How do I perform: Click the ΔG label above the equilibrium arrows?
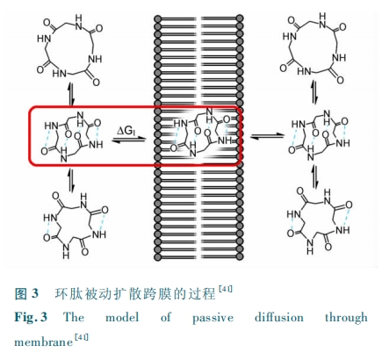click(x=126, y=131)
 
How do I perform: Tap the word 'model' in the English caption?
click(x=122, y=317)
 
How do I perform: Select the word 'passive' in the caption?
click(x=213, y=318)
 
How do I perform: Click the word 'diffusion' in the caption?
click(x=279, y=317)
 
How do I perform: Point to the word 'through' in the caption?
click(x=346, y=318)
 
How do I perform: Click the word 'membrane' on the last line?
click(x=44, y=342)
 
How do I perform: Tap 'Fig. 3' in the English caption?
click(x=31, y=317)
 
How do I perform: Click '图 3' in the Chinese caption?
click(x=26, y=293)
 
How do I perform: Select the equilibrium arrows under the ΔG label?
click(x=128, y=140)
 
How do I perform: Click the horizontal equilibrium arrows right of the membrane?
click(x=267, y=136)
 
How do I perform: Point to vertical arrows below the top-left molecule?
click(x=71, y=94)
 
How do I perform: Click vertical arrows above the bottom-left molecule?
click(x=71, y=180)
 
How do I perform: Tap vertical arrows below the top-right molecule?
click(x=314, y=91)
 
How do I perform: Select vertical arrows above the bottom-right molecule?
click(x=314, y=176)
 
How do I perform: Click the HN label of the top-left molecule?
click(x=44, y=38)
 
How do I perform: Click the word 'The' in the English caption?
click(x=74, y=317)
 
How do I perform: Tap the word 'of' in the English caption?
click(x=166, y=317)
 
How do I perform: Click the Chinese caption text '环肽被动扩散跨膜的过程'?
click(x=134, y=293)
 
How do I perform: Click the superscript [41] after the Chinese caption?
click(x=226, y=289)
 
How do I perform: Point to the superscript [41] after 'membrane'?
click(x=82, y=337)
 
